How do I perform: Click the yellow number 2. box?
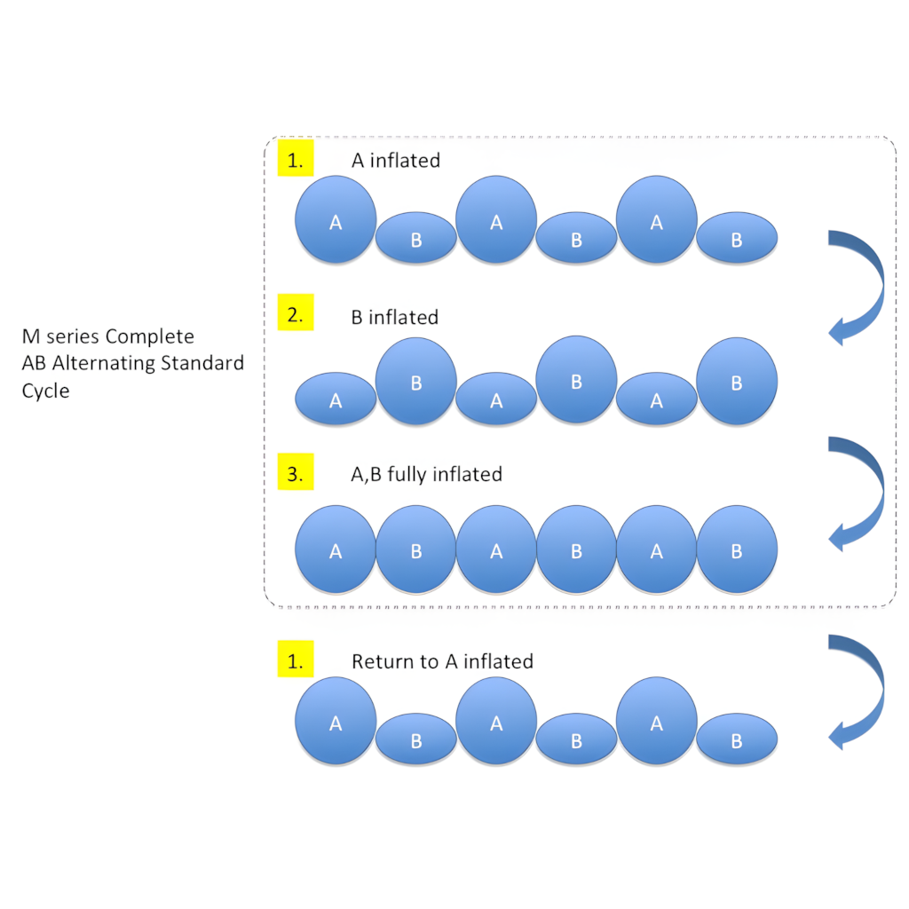click(296, 315)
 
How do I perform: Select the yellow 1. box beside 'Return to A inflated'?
click(296, 660)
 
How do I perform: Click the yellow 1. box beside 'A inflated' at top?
click(296, 160)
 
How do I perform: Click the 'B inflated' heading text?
click(394, 317)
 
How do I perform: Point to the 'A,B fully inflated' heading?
click(426, 474)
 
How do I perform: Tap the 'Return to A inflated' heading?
click(442, 661)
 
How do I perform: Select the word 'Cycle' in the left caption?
click(45, 391)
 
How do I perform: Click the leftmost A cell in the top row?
click(336, 220)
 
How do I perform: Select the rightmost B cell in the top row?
click(737, 238)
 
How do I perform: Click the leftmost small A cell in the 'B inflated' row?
click(336, 399)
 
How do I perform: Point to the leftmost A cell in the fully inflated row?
click(336, 549)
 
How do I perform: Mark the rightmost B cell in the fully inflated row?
click(737, 549)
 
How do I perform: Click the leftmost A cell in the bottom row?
click(336, 721)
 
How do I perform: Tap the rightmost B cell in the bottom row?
click(737, 739)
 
